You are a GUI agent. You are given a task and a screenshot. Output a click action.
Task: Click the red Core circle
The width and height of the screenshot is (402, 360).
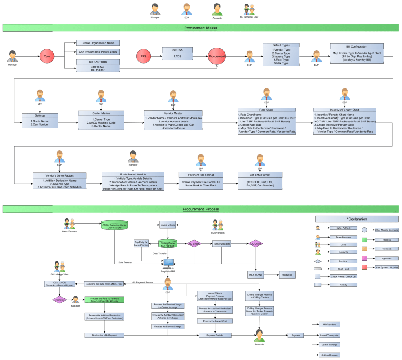(x=47, y=57)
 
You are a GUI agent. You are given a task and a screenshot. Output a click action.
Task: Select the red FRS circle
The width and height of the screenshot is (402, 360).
(x=143, y=57)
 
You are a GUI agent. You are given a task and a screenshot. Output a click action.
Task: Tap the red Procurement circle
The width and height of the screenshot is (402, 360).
(x=217, y=57)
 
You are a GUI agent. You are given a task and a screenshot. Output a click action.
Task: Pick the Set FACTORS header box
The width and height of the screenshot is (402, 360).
(x=98, y=62)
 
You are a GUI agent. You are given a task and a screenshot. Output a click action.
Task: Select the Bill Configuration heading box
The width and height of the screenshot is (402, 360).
(x=356, y=46)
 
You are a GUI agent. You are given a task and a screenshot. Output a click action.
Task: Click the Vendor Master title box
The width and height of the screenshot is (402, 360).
(x=173, y=113)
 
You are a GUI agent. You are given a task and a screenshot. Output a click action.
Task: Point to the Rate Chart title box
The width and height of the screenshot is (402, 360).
(x=267, y=110)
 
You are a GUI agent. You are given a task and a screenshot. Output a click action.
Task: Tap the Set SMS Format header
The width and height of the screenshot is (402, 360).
(x=259, y=174)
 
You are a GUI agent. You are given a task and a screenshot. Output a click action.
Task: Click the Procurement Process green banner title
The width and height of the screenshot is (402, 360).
(x=201, y=209)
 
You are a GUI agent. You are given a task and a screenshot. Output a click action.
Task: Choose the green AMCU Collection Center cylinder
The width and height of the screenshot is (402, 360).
(x=114, y=226)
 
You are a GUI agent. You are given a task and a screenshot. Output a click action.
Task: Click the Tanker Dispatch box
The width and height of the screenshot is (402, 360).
(x=222, y=244)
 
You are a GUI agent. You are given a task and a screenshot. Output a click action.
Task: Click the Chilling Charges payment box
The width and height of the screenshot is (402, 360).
(x=329, y=355)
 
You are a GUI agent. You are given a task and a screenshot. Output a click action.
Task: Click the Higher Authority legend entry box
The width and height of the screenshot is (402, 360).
(x=337, y=228)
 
